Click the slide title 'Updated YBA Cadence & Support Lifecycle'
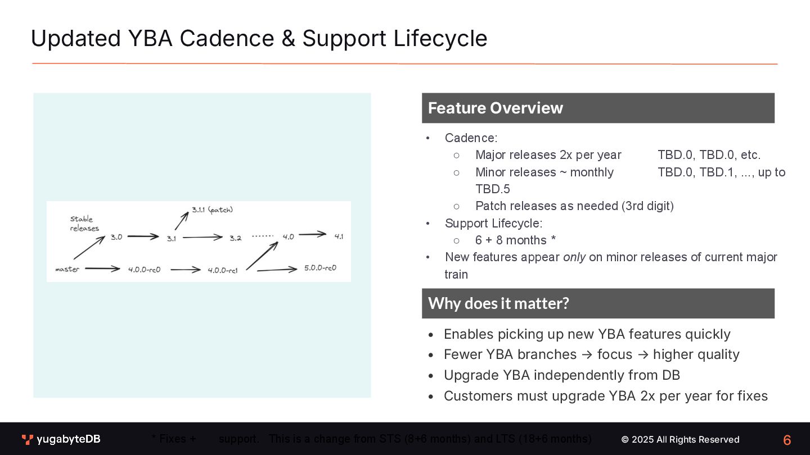259,38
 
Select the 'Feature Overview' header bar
598,108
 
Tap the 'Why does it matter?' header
598,303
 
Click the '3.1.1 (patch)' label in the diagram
212,210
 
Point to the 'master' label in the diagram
67,270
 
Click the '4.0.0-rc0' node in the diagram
144,270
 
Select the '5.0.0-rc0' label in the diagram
320,268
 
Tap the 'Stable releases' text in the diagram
84,224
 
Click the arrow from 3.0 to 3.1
143,237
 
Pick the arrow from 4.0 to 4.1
312,234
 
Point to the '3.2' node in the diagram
235,238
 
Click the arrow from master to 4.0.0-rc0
102,269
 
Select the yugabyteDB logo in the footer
61,439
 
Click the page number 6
787,440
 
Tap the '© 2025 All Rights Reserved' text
680,439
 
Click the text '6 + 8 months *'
515,240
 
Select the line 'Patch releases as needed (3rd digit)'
574,206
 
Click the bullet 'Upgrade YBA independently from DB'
562,375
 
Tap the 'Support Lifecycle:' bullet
493,224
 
